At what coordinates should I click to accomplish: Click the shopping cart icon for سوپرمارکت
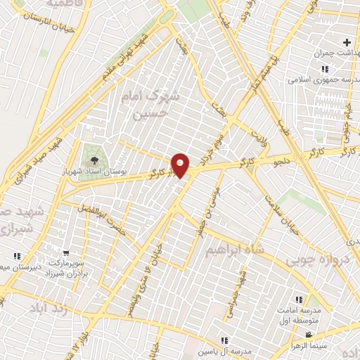pyautogui.click(x=66, y=253)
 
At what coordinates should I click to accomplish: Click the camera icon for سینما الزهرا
pyautogui.click(x=293, y=346)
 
